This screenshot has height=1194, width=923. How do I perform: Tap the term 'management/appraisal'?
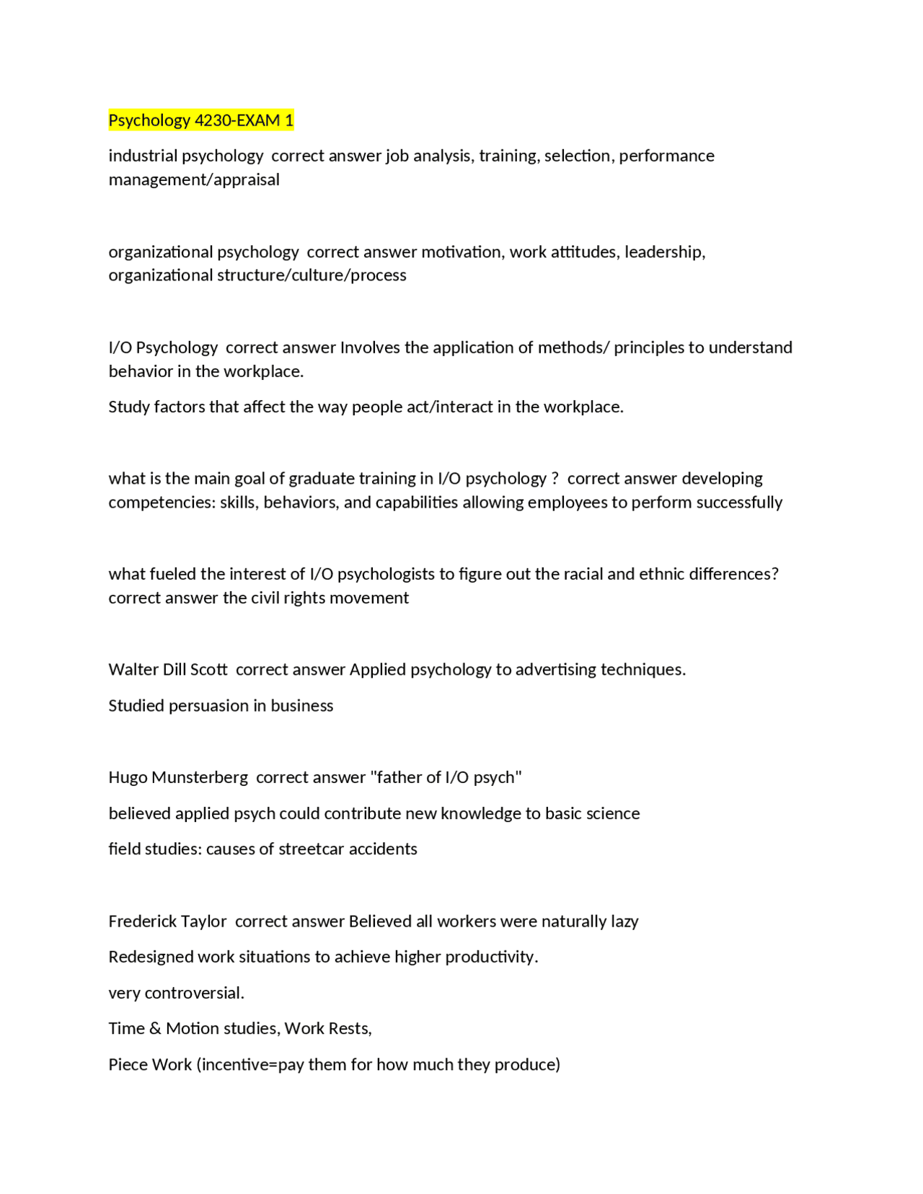194,180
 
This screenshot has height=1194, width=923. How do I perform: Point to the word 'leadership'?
663,252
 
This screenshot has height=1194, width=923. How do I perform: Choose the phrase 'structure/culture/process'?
312,275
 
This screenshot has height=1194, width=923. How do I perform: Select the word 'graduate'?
320,479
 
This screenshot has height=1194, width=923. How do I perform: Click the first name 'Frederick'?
141,921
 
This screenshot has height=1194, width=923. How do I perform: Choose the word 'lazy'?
623,921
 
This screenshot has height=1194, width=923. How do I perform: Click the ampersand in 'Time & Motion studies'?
155,1029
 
